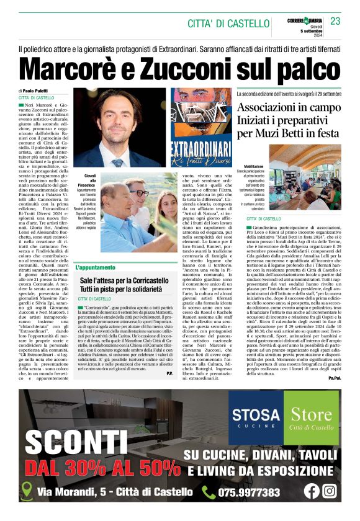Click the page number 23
[336, 22]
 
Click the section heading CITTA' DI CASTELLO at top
[228, 24]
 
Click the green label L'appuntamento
[96, 267]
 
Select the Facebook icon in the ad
[312, 491]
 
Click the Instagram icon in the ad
[330, 491]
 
